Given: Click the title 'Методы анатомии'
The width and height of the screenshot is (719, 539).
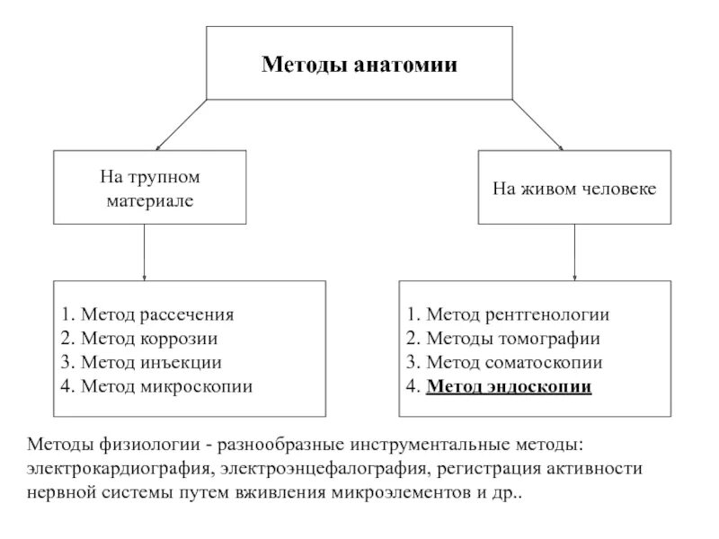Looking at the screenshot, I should coord(359,65).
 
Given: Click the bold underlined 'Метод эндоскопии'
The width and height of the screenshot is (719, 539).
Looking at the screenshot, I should coord(509,387).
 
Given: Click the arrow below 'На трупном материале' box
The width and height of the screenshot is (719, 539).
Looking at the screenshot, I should coord(145,252).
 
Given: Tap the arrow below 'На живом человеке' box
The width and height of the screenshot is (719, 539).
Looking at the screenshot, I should coord(573,252).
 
